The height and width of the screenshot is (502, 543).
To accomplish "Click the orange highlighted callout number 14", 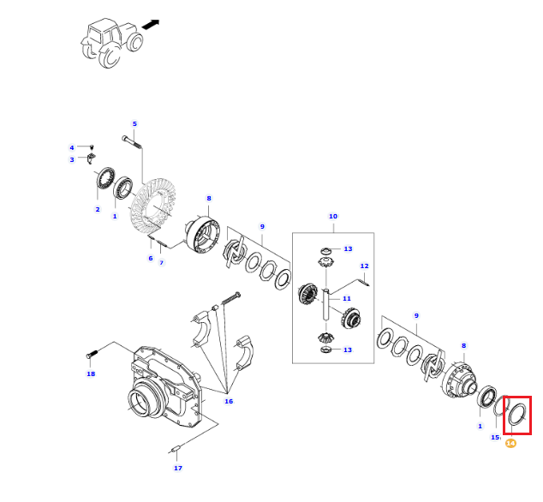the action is pos(510,443).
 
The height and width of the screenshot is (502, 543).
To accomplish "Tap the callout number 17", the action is pos(178,468).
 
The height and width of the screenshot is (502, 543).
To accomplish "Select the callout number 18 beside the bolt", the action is pos(91,374).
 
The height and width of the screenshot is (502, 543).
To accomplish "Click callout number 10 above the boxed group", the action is pos(333,216).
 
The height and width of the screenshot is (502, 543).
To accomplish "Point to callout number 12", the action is pos(364,266).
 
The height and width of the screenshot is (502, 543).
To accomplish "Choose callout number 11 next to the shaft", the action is pos(347,298).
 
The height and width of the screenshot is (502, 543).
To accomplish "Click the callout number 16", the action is pos(229,401).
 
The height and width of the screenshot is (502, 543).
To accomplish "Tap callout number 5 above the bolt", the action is pos(134,123).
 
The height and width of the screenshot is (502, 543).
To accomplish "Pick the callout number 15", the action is pos(495,437).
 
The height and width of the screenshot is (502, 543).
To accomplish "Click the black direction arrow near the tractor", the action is pos(151,24).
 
